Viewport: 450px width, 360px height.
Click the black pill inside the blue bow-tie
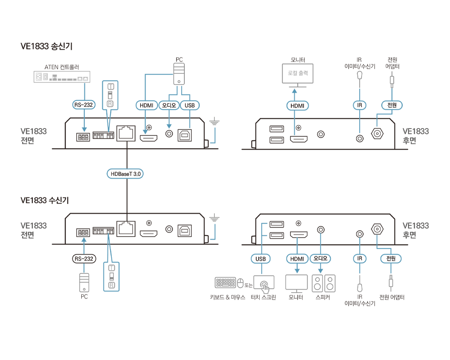pyautogui.click(x=125, y=174)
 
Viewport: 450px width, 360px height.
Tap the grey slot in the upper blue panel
pyautogui.click(x=110, y=95)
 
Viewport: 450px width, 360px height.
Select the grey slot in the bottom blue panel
pyautogui.click(x=112, y=276)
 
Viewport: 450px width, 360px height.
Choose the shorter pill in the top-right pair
pyautogui.click(x=360, y=105)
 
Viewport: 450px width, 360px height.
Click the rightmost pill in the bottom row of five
pyautogui.click(x=391, y=259)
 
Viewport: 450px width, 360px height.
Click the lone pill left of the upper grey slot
pyautogui.click(x=83, y=105)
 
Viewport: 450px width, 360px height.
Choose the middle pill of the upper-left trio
pyautogui.click(x=169, y=105)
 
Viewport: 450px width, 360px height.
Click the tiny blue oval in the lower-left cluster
pyautogui.click(x=83, y=240)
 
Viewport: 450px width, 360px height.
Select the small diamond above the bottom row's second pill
pyautogui.click(x=297, y=241)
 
